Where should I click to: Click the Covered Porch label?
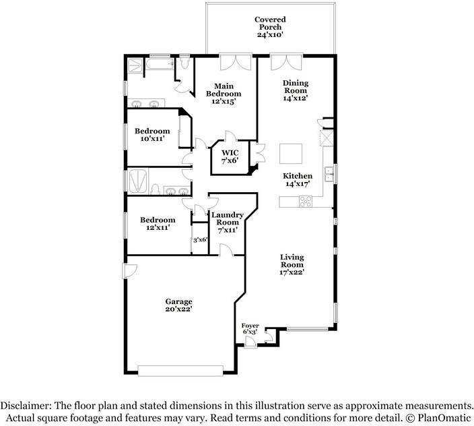[x=270, y=24]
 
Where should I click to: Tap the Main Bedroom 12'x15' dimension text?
[x=224, y=101]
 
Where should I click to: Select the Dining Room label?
[x=296, y=87]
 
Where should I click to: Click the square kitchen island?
[x=291, y=154]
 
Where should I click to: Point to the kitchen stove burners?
[x=306, y=202]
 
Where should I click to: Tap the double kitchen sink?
[x=329, y=174]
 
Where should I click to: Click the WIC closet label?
[x=230, y=153]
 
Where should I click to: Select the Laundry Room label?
[x=228, y=218]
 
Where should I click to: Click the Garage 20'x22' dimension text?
[x=179, y=309]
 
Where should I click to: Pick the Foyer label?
[x=250, y=326]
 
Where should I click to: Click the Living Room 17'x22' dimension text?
[x=292, y=272]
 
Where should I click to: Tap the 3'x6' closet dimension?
[x=200, y=240]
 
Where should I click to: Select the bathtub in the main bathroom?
[x=159, y=64]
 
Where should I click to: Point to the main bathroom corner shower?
[x=135, y=65]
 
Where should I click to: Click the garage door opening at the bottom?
[x=180, y=371]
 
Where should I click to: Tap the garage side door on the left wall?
[x=129, y=271]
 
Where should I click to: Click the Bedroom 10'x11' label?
[x=152, y=135]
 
